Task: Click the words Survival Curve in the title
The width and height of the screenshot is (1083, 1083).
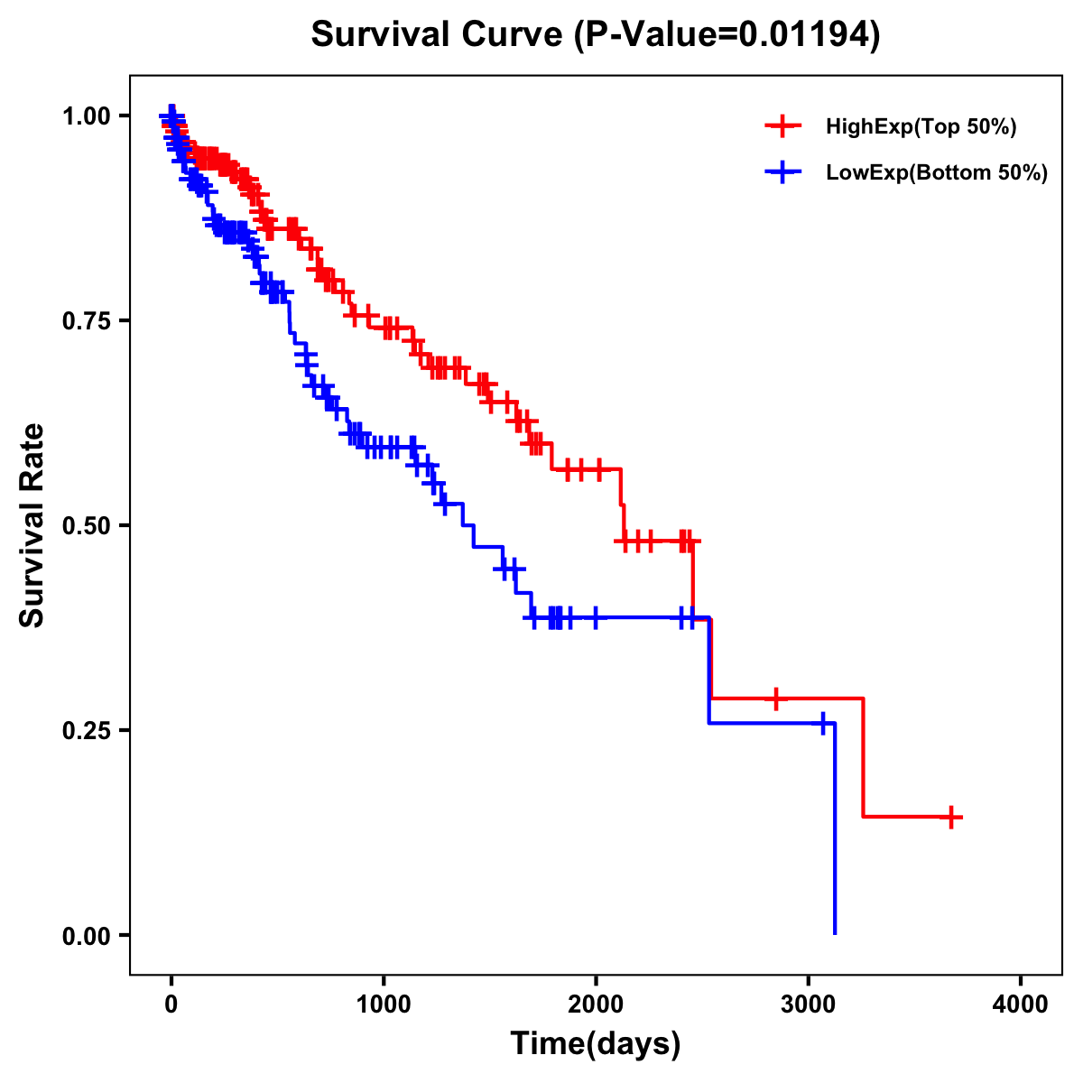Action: tap(439, 34)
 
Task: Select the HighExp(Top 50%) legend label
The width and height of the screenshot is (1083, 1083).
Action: tap(921, 127)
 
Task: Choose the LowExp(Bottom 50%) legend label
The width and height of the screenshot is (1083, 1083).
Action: tap(937, 173)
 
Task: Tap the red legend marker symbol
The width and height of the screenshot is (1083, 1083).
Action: tap(783, 127)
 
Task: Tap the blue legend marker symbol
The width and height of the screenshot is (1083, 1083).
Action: tap(783, 173)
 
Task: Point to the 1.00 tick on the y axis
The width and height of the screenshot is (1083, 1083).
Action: tap(86, 116)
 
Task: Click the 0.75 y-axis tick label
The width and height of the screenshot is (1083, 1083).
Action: tap(86, 320)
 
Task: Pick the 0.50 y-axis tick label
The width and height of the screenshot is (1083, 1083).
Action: tap(86, 525)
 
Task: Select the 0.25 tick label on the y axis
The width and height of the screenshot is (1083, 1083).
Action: tap(86, 730)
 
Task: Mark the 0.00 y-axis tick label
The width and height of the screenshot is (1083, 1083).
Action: tap(86, 935)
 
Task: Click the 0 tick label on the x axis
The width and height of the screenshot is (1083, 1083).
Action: tap(171, 1004)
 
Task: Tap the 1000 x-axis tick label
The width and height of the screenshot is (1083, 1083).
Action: tap(384, 1004)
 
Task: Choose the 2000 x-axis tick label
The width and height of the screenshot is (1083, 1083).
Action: tap(596, 1004)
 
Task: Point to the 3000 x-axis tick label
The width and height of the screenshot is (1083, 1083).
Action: tap(809, 1004)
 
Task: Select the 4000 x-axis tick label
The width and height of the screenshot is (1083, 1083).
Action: tap(1021, 1004)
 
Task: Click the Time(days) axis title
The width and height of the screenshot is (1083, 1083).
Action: tap(596, 1044)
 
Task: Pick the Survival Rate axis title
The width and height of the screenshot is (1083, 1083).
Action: tap(32, 525)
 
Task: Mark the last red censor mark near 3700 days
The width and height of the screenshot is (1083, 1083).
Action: tap(950, 817)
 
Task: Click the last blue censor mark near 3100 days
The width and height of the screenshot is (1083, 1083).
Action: tap(822, 723)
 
